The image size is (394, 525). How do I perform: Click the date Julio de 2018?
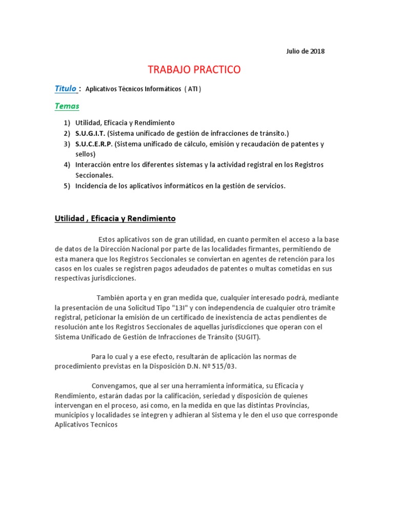tap(305, 51)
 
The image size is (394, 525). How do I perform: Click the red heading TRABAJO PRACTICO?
tap(194, 70)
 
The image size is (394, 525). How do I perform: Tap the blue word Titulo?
tap(66, 89)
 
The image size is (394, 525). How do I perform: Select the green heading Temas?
tap(67, 106)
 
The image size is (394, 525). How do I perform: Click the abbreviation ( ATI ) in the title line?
tap(192, 89)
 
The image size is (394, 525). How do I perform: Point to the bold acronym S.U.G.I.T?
tap(90, 133)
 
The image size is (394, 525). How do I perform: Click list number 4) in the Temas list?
tap(67, 165)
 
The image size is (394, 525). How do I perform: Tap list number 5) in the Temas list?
tap(67, 186)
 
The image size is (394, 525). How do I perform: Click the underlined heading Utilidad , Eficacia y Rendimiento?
tap(115, 218)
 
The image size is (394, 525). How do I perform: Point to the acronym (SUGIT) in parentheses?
tap(248, 337)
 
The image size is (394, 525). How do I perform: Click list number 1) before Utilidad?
tap(67, 123)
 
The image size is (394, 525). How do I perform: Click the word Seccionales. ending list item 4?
tap(94, 175)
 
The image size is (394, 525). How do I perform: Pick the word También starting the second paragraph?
tap(110, 298)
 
